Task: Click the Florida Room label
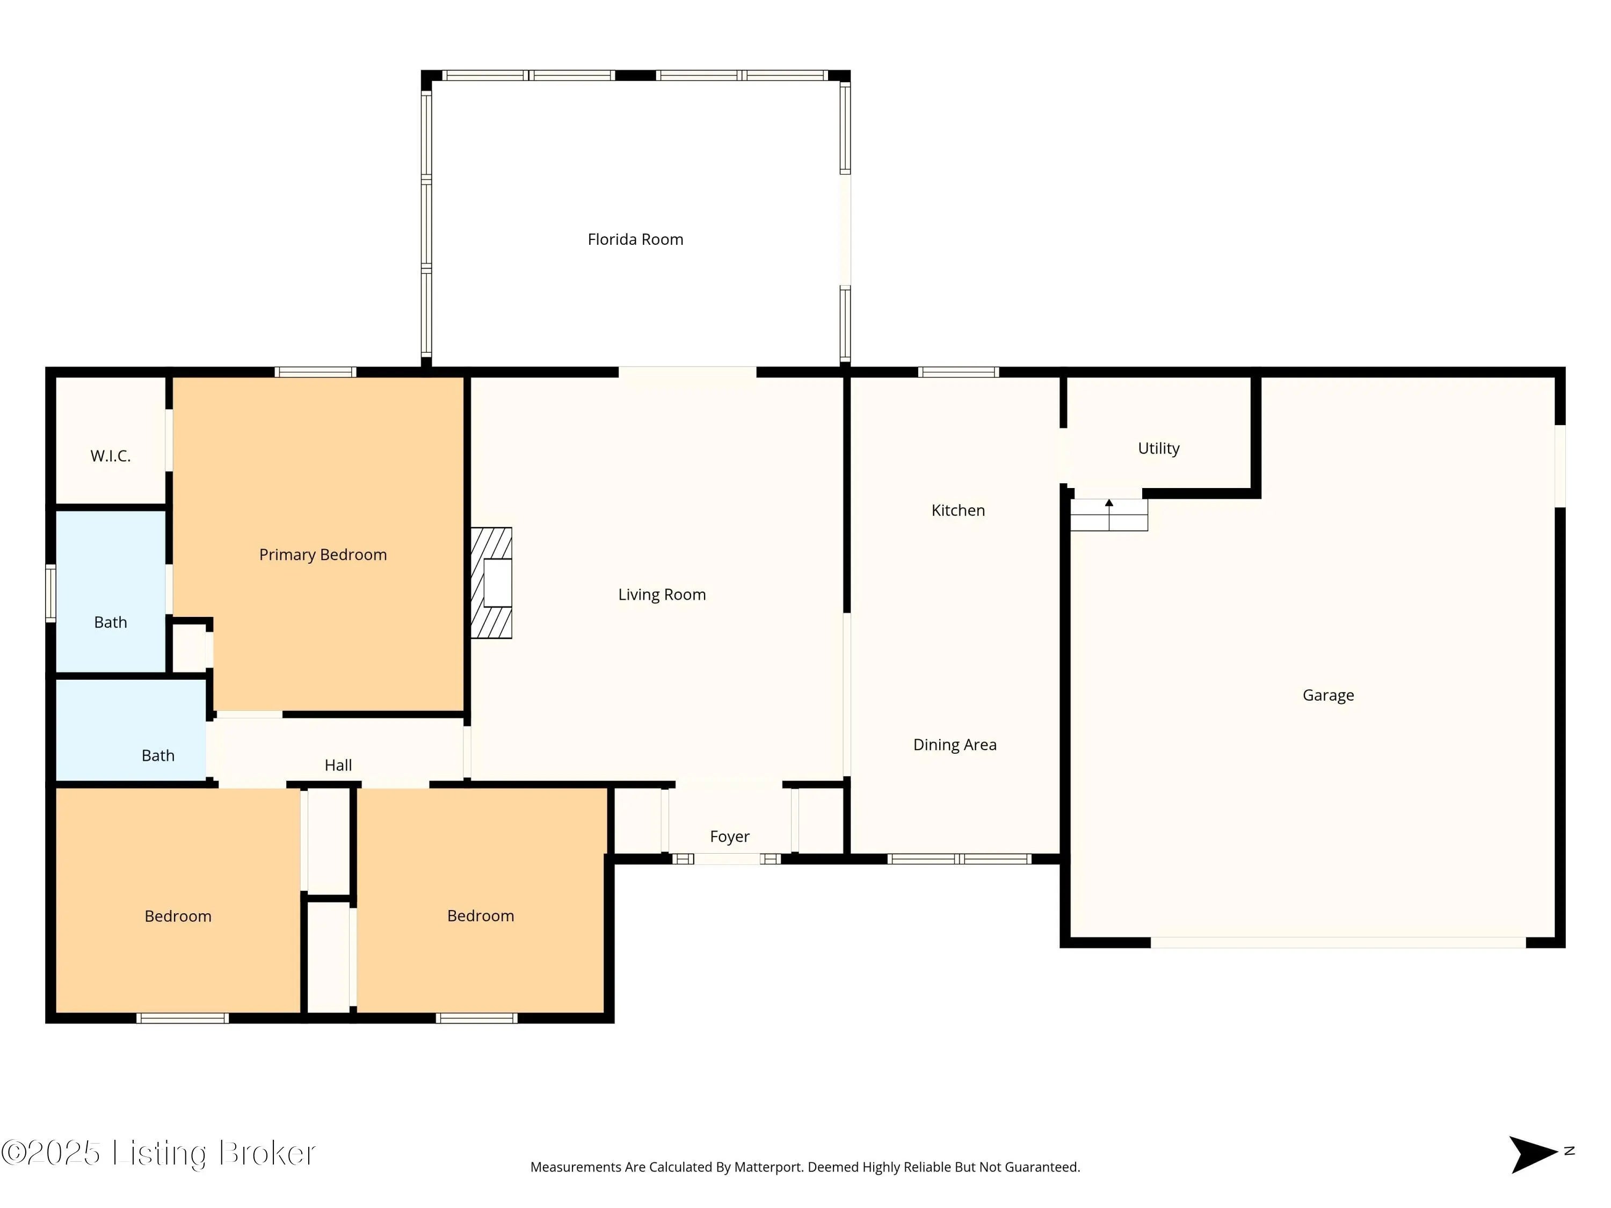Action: click(x=635, y=239)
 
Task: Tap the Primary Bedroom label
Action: click(x=323, y=555)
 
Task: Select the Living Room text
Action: click(x=662, y=595)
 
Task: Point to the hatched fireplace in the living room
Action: click(x=491, y=583)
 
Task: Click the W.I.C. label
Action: click(x=111, y=456)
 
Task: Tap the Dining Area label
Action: click(x=955, y=745)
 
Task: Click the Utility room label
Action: click(x=1159, y=448)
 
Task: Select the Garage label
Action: click(x=1329, y=695)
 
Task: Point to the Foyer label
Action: click(x=730, y=836)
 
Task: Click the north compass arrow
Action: click(x=1533, y=1154)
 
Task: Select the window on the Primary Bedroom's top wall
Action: click(x=315, y=372)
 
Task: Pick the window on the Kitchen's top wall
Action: click(x=959, y=372)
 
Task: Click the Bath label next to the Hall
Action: click(x=158, y=756)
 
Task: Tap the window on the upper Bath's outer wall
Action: click(x=50, y=593)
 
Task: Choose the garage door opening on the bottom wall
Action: click(x=1338, y=943)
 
